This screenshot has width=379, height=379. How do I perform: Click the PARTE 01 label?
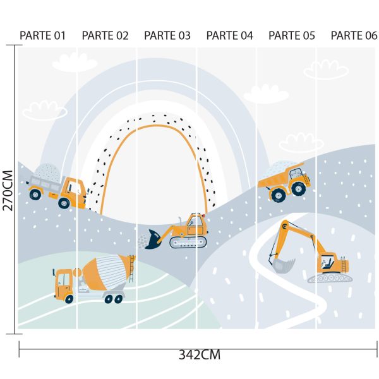click(x=42, y=35)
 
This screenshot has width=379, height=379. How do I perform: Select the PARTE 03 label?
click(x=167, y=35)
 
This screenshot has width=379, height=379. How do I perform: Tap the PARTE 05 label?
click(x=292, y=35)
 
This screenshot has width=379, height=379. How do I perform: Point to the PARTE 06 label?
click(x=354, y=35)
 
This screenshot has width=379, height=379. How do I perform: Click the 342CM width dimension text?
click(x=200, y=355)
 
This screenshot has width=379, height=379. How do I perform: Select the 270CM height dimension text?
click(x=8, y=191)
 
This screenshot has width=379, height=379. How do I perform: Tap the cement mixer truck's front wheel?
click(x=69, y=299)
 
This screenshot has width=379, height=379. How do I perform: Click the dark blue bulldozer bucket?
click(x=153, y=239)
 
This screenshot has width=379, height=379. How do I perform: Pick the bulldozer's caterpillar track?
click(x=188, y=242)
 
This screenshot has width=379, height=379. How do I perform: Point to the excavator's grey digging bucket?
click(x=282, y=265)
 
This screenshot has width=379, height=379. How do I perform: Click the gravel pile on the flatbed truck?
click(x=47, y=172)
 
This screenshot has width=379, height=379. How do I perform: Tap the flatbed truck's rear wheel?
click(x=35, y=194)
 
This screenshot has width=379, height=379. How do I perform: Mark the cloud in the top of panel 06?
click(x=326, y=69)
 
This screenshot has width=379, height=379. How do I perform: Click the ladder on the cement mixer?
click(x=131, y=269)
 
